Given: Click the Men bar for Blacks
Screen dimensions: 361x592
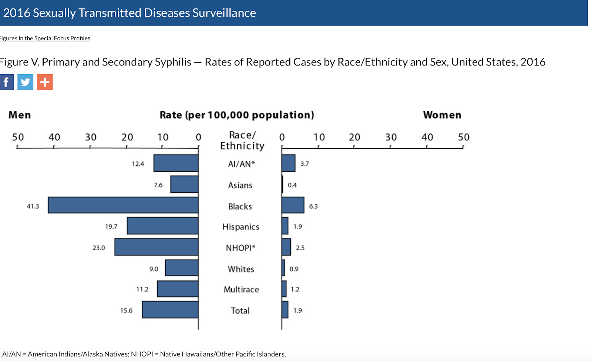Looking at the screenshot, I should tap(123, 205).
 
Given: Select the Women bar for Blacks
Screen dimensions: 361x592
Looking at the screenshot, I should tap(293, 205).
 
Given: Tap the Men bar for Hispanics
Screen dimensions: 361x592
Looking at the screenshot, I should tap(162, 226).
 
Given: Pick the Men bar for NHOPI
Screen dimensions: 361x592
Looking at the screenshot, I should tap(156, 247).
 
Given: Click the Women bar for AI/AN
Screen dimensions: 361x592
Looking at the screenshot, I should tap(288, 163).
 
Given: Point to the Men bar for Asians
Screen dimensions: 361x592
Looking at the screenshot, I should tap(184, 184).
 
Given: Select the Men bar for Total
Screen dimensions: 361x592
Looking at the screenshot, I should tap(170, 310).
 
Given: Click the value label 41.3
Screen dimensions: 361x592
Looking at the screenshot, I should tap(33, 206).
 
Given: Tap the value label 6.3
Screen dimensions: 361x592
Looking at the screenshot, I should tap(313, 206).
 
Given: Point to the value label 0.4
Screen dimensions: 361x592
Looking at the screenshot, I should tap(292, 185).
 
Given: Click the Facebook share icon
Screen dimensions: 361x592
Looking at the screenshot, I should tap(7, 82).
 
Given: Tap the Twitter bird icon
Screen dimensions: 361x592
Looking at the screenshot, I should tap(25, 82).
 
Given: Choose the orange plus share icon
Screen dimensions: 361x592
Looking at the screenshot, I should tap(45, 82).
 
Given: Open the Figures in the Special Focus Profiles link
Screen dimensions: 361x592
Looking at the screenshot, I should tap(45, 38).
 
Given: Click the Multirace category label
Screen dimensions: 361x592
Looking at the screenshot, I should tap(241, 290).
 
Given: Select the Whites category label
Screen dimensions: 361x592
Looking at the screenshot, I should tap(241, 269).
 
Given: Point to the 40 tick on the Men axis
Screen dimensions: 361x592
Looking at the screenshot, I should tap(54, 138).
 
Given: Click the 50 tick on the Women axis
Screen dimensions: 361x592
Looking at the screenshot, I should tap(464, 138).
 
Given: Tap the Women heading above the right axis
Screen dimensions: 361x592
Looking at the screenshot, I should tap(442, 115).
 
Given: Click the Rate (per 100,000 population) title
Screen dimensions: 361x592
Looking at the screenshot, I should tap(237, 115).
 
